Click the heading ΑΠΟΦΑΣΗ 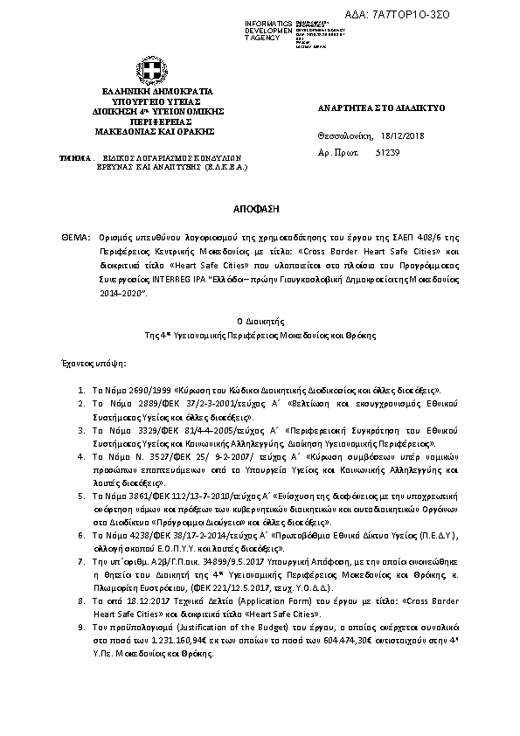[260, 211]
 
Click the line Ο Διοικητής [260, 323]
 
